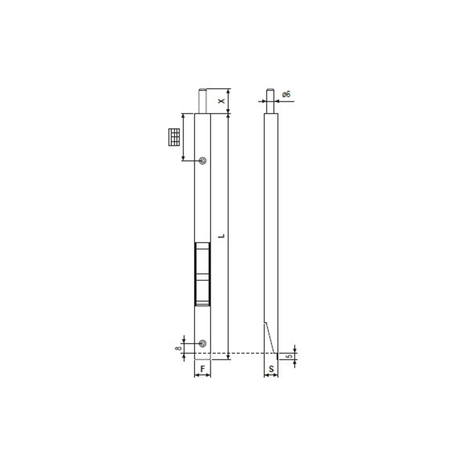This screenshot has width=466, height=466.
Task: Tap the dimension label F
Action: [x=202, y=368]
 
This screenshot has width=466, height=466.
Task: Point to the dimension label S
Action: [x=271, y=368]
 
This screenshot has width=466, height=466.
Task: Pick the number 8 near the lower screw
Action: [x=178, y=349]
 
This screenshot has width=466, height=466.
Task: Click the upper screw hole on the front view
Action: [x=202, y=161]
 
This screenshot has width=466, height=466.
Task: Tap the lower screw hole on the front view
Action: [x=202, y=343]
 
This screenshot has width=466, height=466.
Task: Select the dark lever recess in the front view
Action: [x=202, y=274]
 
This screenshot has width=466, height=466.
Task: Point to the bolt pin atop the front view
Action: [x=202, y=100]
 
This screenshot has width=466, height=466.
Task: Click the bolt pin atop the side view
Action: [x=270, y=100]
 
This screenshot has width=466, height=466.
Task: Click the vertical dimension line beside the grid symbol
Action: [x=182, y=137]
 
